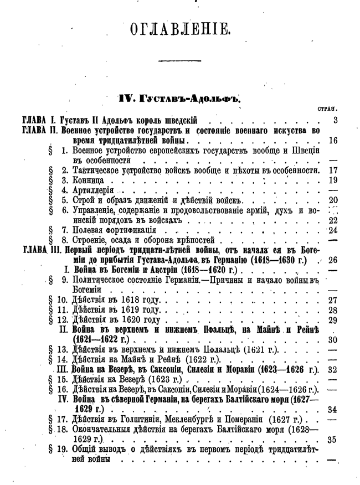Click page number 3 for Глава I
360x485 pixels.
click(335, 120)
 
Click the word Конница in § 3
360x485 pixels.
click(89, 180)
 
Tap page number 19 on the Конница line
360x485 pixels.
click(333, 180)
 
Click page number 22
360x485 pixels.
click(333, 220)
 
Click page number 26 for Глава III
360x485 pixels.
click(332, 261)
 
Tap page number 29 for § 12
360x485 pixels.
click(333, 321)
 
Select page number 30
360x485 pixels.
click(333, 340)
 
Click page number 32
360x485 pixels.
click(333, 370)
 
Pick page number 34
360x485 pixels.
click(333, 410)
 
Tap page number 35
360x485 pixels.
click(333, 440)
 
